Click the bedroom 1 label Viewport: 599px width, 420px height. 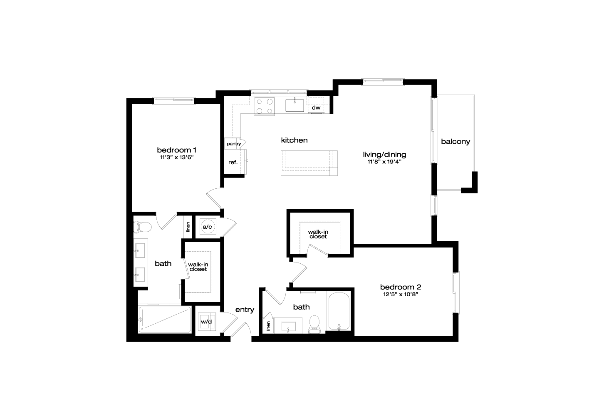(176, 150)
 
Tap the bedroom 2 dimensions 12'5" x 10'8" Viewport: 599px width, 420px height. (400, 295)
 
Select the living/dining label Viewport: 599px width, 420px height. (384, 155)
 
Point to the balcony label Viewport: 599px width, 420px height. (455, 141)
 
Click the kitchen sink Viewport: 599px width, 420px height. (295, 105)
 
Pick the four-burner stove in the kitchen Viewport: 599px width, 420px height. (264, 106)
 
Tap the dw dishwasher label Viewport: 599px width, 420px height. (316, 107)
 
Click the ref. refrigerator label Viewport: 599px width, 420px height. (233, 162)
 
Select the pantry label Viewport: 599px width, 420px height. (234, 144)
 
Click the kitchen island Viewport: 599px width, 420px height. (309, 163)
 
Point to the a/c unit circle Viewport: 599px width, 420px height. (207, 227)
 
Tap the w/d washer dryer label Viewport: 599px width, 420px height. (206, 322)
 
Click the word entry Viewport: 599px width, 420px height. (245, 310)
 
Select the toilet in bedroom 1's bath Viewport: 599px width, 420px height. (142, 227)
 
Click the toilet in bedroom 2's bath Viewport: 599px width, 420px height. (314, 324)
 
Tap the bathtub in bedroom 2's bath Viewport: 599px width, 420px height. (339, 311)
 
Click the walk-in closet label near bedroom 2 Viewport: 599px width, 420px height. (318, 234)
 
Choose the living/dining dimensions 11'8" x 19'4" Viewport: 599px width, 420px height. (384, 162)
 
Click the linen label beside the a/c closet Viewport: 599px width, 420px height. (188, 227)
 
